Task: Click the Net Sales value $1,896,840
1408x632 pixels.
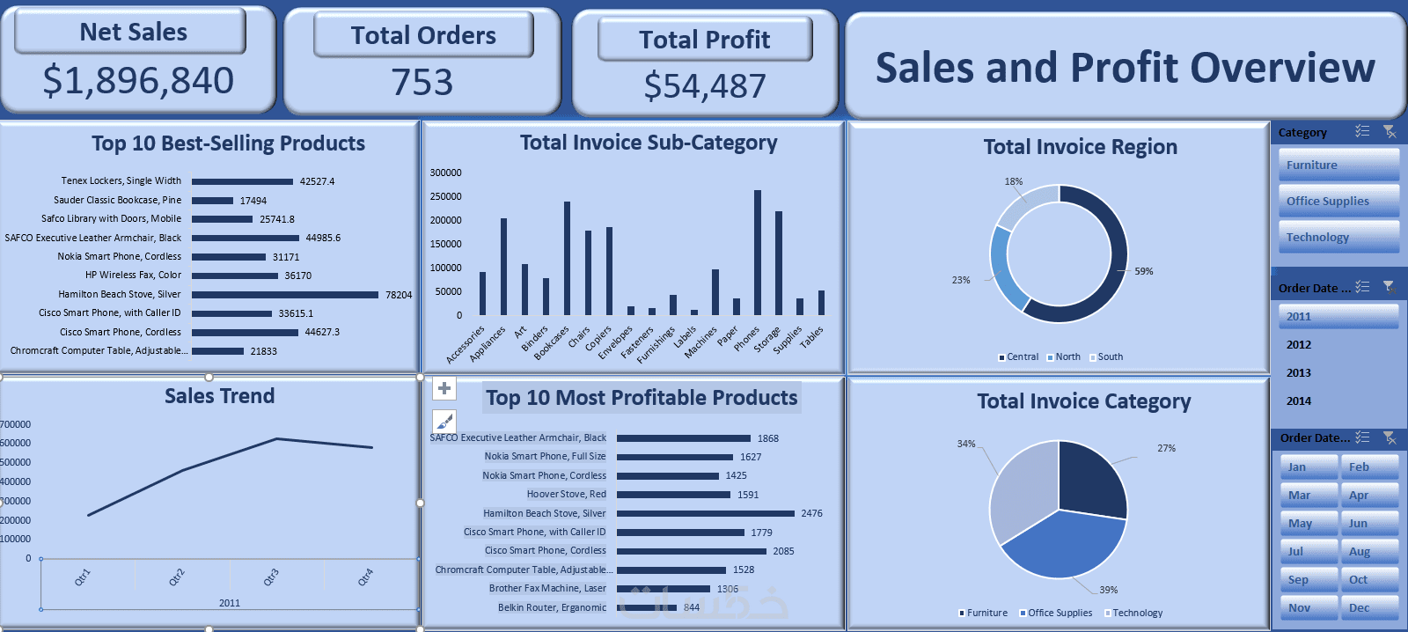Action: [x=138, y=81]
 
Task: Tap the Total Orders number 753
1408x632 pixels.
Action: [x=422, y=83]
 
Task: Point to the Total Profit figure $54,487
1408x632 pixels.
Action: [x=705, y=86]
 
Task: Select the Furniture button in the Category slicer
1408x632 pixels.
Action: [x=1338, y=165]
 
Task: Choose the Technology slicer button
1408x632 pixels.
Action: [x=1338, y=238]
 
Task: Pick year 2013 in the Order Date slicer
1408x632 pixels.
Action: [x=1299, y=373]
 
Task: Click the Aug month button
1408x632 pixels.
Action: [x=1368, y=552]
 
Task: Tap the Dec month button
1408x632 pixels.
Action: [x=1368, y=608]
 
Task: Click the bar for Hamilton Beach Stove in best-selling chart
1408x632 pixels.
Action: [x=285, y=295]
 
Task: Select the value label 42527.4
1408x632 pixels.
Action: [x=317, y=181]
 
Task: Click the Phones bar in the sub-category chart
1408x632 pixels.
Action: [x=758, y=253]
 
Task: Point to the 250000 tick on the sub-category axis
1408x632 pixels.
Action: [x=445, y=196]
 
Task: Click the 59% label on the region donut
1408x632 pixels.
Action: [x=1143, y=271]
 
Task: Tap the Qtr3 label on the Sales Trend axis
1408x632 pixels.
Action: [x=271, y=577]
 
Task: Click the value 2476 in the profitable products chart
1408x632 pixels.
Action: [x=811, y=514]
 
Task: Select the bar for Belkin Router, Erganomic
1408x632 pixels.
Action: [x=647, y=607]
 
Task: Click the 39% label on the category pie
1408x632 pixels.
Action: [x=1108, y=590]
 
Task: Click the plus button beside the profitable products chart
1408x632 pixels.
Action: [x=444, y=388]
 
